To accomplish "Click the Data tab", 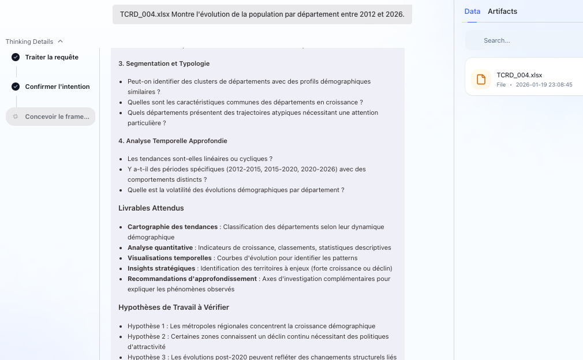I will click(472, 12).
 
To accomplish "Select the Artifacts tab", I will click(502, 12).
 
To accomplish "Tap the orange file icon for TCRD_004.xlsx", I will click(481, 79).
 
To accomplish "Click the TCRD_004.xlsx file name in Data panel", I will click(519, 75).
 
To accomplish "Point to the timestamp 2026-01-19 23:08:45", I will click(544, 84).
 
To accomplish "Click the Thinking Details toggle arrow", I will click(61, 42).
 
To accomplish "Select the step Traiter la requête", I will click(51, 57).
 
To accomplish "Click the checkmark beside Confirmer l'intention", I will click(16, 87).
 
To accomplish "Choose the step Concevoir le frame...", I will click(57, 117).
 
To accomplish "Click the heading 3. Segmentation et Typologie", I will click(164, 63).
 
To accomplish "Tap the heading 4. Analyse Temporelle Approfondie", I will click(173, 141).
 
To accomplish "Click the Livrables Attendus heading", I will click(151, 208).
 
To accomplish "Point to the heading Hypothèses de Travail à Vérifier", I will click(174, 307).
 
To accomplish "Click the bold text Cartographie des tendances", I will click(173, 227).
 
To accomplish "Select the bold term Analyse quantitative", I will click(160, 247).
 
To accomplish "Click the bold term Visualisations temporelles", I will click(169, 258).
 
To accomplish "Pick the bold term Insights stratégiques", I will click(161, 268).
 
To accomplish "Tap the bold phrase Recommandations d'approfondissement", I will click(192, 279).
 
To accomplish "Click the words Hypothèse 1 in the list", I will click(147, 326).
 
